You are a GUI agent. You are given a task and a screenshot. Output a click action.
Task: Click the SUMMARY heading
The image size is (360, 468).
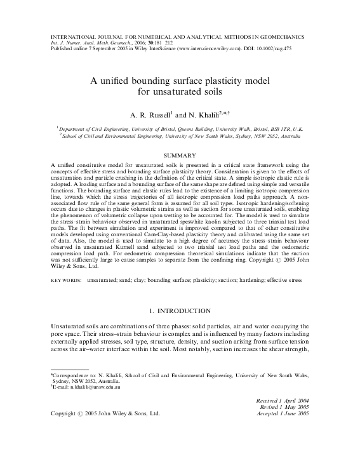coord(180,155)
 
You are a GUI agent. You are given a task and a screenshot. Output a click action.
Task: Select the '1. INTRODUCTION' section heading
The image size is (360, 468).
coord(180,311)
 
